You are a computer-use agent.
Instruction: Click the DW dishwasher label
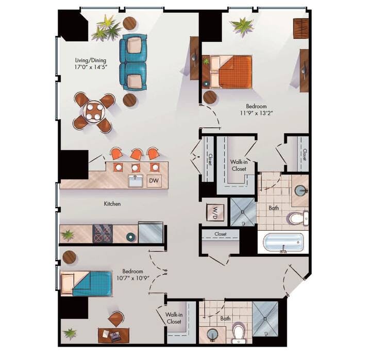tap(154, 181)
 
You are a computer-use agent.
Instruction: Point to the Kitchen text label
tap(112, 204)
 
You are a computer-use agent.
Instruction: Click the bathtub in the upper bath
tap(282, 243)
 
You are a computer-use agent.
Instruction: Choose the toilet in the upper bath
tap(297, 218)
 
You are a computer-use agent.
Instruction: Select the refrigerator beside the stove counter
tap(150, 233)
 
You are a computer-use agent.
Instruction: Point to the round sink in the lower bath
tap(213, 334)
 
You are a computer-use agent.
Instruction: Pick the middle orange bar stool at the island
tap(137, 154)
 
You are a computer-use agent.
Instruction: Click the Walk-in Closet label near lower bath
tap(173, 318)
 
